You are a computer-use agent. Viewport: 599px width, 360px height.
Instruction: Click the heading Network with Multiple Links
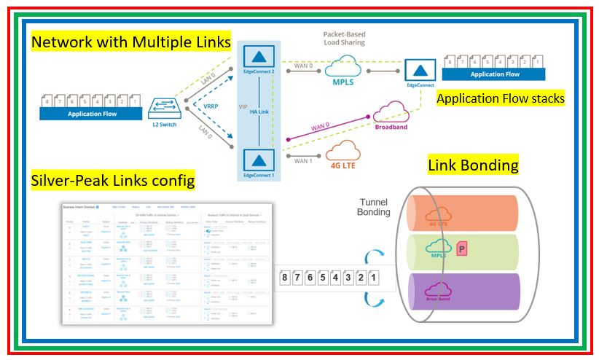click(x=132, y=42)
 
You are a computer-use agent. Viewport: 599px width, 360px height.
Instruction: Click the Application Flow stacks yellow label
click(x=501, y=98)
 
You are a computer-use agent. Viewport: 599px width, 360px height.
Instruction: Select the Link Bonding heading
click(x=474, y=165)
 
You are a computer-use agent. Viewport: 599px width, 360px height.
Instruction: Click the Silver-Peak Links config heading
click(x=113, y=180)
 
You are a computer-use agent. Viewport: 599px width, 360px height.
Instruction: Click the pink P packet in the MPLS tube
click(x=461, y=250)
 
